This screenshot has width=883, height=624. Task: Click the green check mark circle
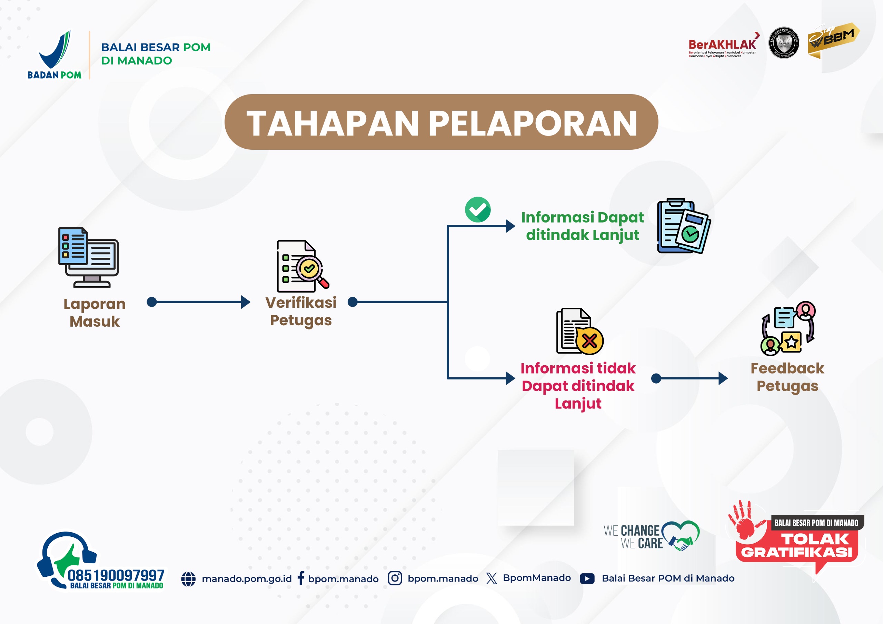pos(478,210)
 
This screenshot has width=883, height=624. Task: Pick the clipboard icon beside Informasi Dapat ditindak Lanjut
pos(683,226)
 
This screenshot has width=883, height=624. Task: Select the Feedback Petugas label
pos(787,377)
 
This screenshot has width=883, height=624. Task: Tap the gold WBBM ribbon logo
pos(833,41)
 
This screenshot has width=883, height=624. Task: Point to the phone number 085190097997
pos(116,575)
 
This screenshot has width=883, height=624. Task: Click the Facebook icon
pos(301,578)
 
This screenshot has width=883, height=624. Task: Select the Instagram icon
pos(395,578)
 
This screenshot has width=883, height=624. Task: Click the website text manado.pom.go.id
pos(247,578)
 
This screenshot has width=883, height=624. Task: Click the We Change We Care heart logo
pos(680,535)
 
